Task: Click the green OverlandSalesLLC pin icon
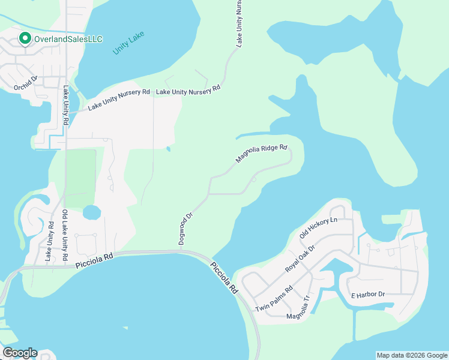pos(25,39)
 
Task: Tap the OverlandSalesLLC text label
pos(68,40)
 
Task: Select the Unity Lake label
pos(128,45)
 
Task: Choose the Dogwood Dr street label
pos(185,229)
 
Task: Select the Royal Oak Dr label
pos(300,259)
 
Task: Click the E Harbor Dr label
pos(367,295)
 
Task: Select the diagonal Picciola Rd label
pos(223,277)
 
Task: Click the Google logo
pos(19,353)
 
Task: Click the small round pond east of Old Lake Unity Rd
pos(91,212)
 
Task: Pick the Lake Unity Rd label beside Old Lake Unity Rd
pos(50,241)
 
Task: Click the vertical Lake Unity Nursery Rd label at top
pos(239,24)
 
